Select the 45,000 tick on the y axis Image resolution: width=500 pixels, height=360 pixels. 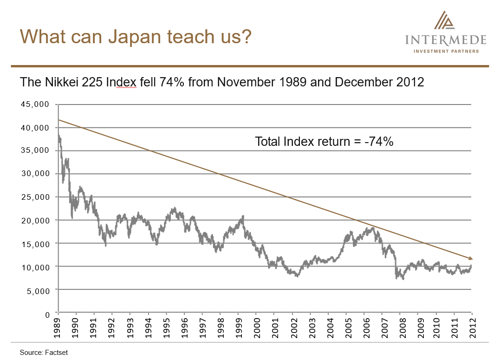click(x=35, y=104)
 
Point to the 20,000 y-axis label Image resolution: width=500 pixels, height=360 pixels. click(x=35, y=220)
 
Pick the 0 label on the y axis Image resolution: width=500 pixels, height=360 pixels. click(x=47, y=314)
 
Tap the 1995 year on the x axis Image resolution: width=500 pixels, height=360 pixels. click(x=167, y=329)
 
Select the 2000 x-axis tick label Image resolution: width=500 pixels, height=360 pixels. click(x=257, y=329)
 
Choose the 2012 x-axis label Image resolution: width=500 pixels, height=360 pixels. click(x=472, y=329)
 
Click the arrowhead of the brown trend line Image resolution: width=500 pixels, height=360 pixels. click(x=471, y=258)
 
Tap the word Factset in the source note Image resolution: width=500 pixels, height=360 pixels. click(x=57, y=353)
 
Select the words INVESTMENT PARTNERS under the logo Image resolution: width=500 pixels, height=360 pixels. click(x=446, y=52)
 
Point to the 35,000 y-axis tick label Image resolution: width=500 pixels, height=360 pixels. click(x=35, y=151)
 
